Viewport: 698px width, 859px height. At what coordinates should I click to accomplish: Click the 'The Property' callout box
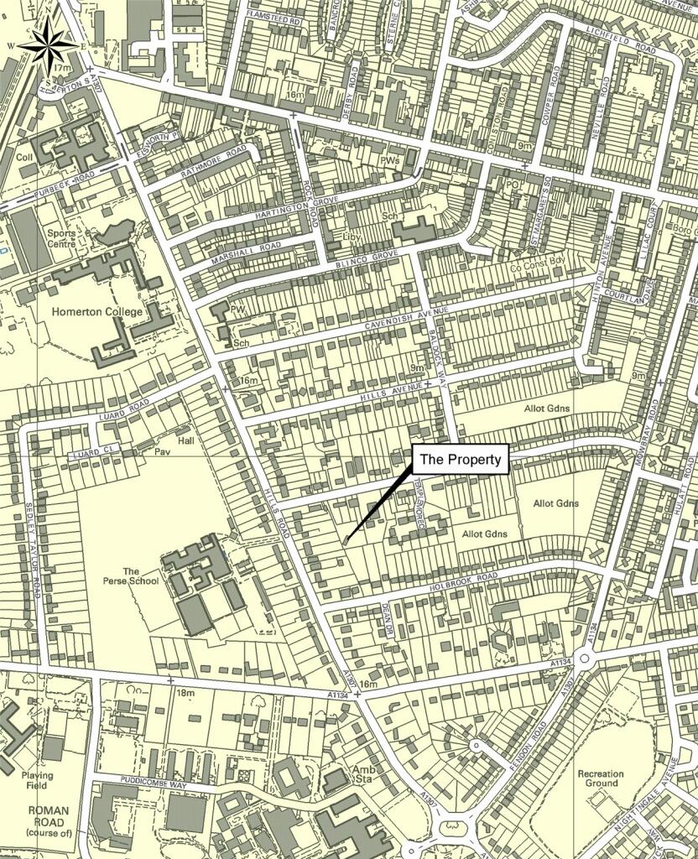click(x=461, y=460)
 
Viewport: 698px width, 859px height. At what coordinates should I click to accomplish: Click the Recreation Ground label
click(x=600, y=778)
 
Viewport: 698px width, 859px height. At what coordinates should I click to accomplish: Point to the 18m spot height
click(x=185, y=693)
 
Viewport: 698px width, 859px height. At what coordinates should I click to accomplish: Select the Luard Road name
click(x=124, y=405)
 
